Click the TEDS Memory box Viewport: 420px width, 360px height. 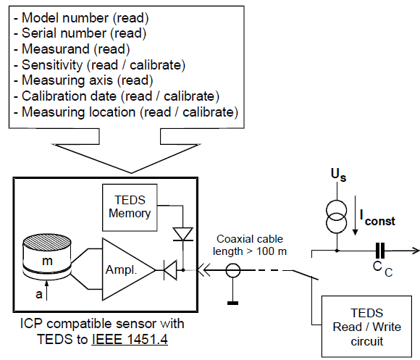click(x=130, y=208)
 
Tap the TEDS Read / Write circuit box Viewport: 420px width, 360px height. click(x=366, y=327)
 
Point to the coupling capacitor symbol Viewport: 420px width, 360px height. click(x=380, y=251)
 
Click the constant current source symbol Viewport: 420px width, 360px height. click(x=337, y=217)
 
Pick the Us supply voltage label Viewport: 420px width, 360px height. click(x=338, y=175)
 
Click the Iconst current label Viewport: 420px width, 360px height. click(x=377, y=218)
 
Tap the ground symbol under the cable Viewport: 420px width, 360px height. click(x=232, y=303)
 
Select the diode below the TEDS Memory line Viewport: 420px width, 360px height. click(x=183, y=235)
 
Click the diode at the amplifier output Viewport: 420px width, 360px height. click(x=170, y=270)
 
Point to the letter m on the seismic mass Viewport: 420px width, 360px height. click(x=47, y=261)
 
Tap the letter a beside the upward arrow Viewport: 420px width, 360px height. click(x=39, y=294)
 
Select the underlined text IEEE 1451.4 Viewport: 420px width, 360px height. click(x=130, y=339)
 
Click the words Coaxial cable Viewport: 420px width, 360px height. click(x=250, y=239)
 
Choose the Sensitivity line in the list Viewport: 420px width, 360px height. click(x=99, y=64)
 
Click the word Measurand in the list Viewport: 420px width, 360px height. click(x=56, y=49)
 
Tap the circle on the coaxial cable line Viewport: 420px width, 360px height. click(x=233, y=270)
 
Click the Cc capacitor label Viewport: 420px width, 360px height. click(x=382, y=269)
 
